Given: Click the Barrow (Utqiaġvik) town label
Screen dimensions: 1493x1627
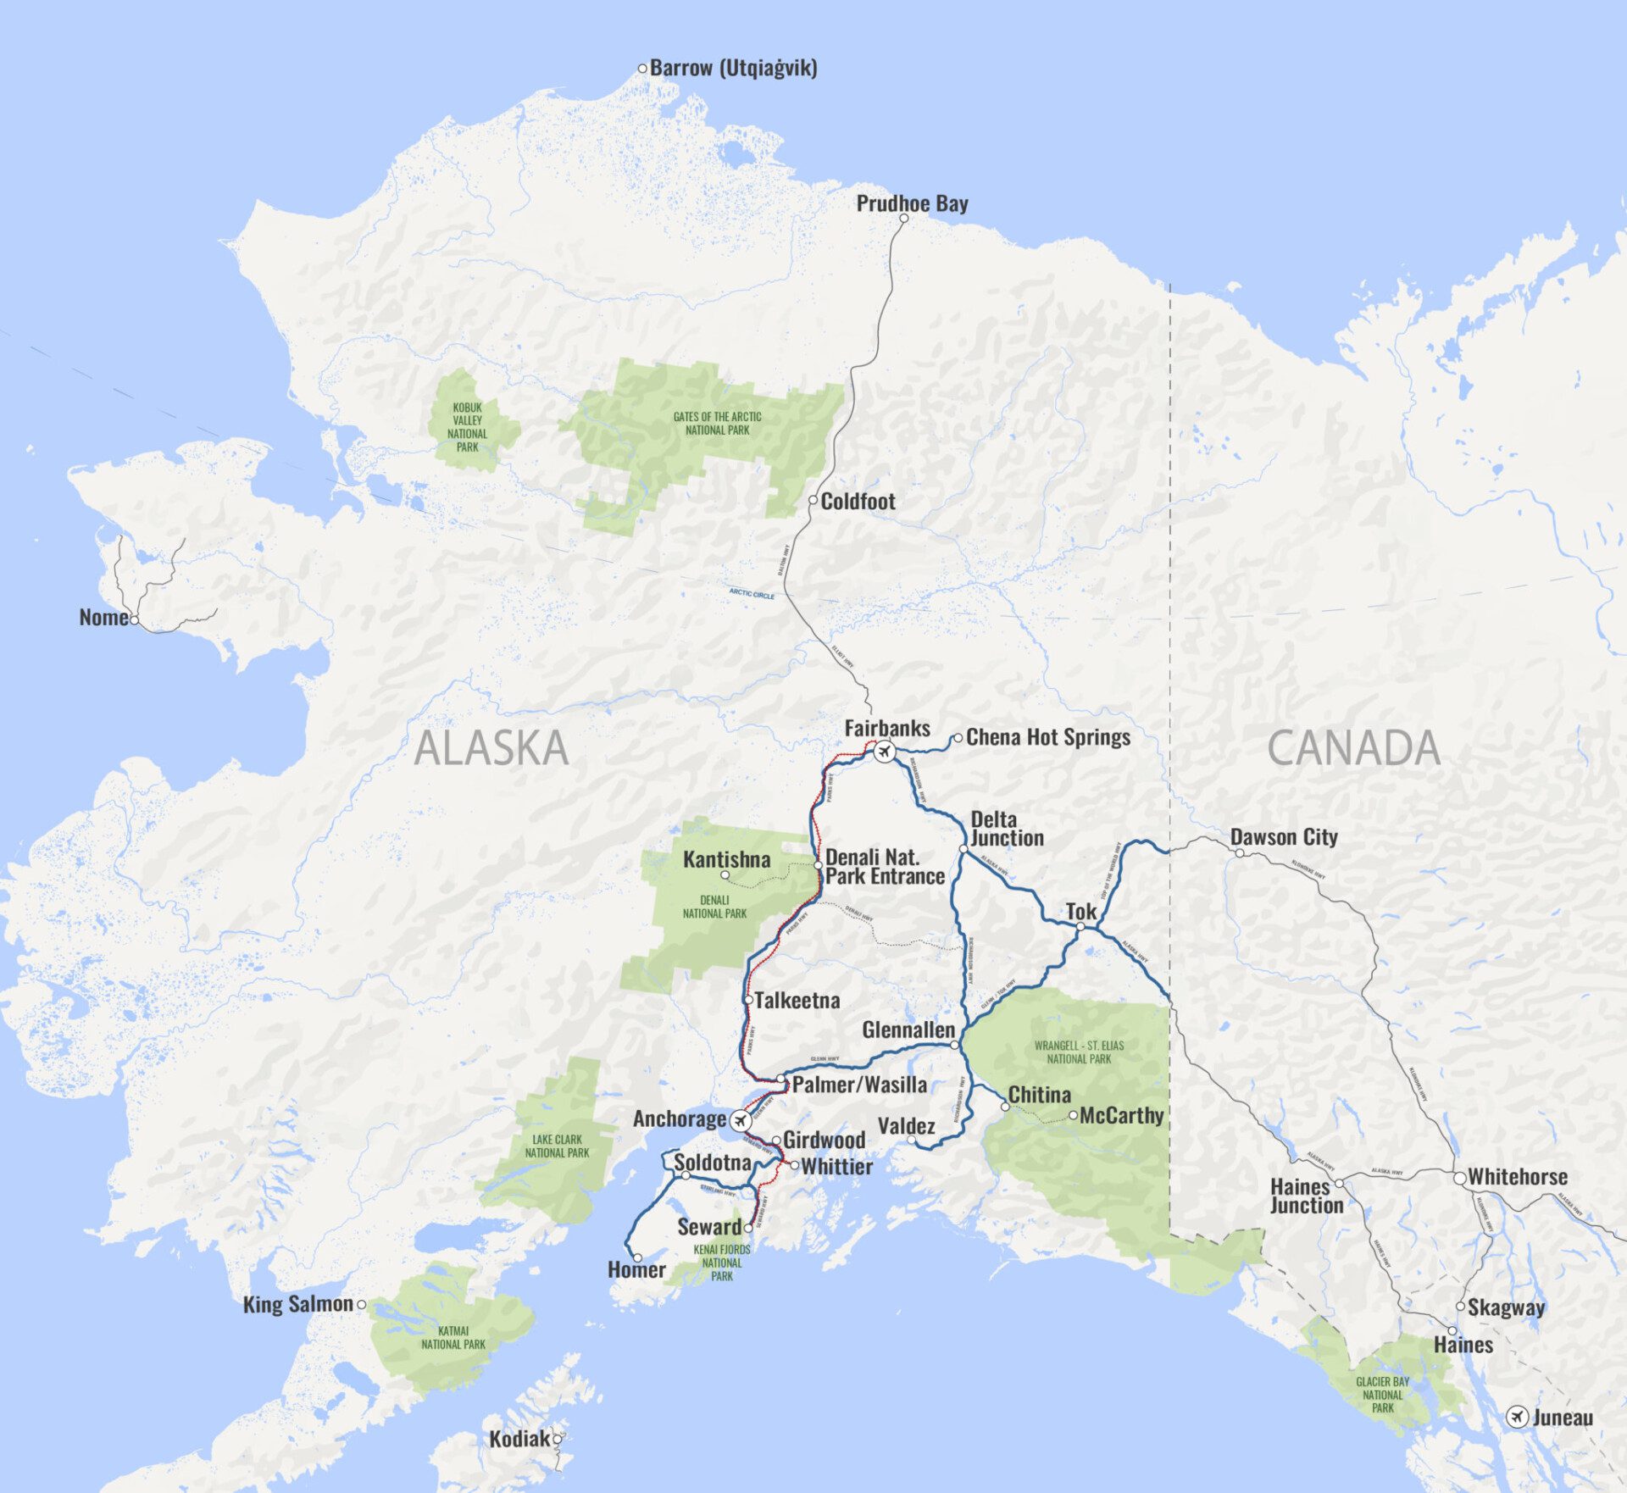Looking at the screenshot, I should click(733, 68).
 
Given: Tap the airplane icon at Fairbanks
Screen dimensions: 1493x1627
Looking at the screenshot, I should click(884, 752).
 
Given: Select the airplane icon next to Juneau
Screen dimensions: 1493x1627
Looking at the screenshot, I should click(1517, 1417).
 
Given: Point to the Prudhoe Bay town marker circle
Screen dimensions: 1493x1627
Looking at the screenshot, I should click(903, 219).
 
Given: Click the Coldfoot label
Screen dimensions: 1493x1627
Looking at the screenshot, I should click(858, 502).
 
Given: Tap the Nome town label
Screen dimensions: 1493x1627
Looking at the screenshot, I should click(103, 618).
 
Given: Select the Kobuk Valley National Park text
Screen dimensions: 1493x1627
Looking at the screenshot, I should click(467, 427).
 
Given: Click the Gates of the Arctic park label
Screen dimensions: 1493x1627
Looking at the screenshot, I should click(717, 423).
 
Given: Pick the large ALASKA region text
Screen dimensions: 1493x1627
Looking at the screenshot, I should click(491, 748).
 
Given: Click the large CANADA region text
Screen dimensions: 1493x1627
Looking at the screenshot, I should click(1353, 748).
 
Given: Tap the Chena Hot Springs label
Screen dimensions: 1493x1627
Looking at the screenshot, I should click(1048, 737).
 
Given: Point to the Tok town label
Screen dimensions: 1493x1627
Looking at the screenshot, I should click(1081, 912).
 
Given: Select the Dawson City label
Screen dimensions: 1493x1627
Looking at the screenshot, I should click(1284, 837).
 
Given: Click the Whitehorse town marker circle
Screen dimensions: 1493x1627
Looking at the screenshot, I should click(1459, 1179).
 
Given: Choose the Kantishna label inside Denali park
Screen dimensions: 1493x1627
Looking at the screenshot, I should click(727, 859).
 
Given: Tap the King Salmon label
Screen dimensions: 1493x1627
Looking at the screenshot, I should click(297, 1304).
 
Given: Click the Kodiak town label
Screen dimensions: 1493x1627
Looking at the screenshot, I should click(519, 1439).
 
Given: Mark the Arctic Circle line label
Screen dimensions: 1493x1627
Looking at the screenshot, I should click(752, 594).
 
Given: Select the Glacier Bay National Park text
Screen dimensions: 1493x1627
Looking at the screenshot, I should click(1382, 1394).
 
